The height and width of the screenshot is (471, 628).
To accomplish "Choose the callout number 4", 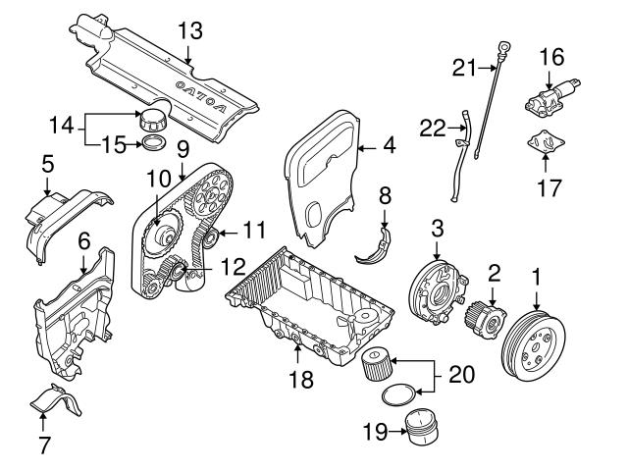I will pos(389,149).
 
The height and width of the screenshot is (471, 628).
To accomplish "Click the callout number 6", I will pos(84,238).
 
